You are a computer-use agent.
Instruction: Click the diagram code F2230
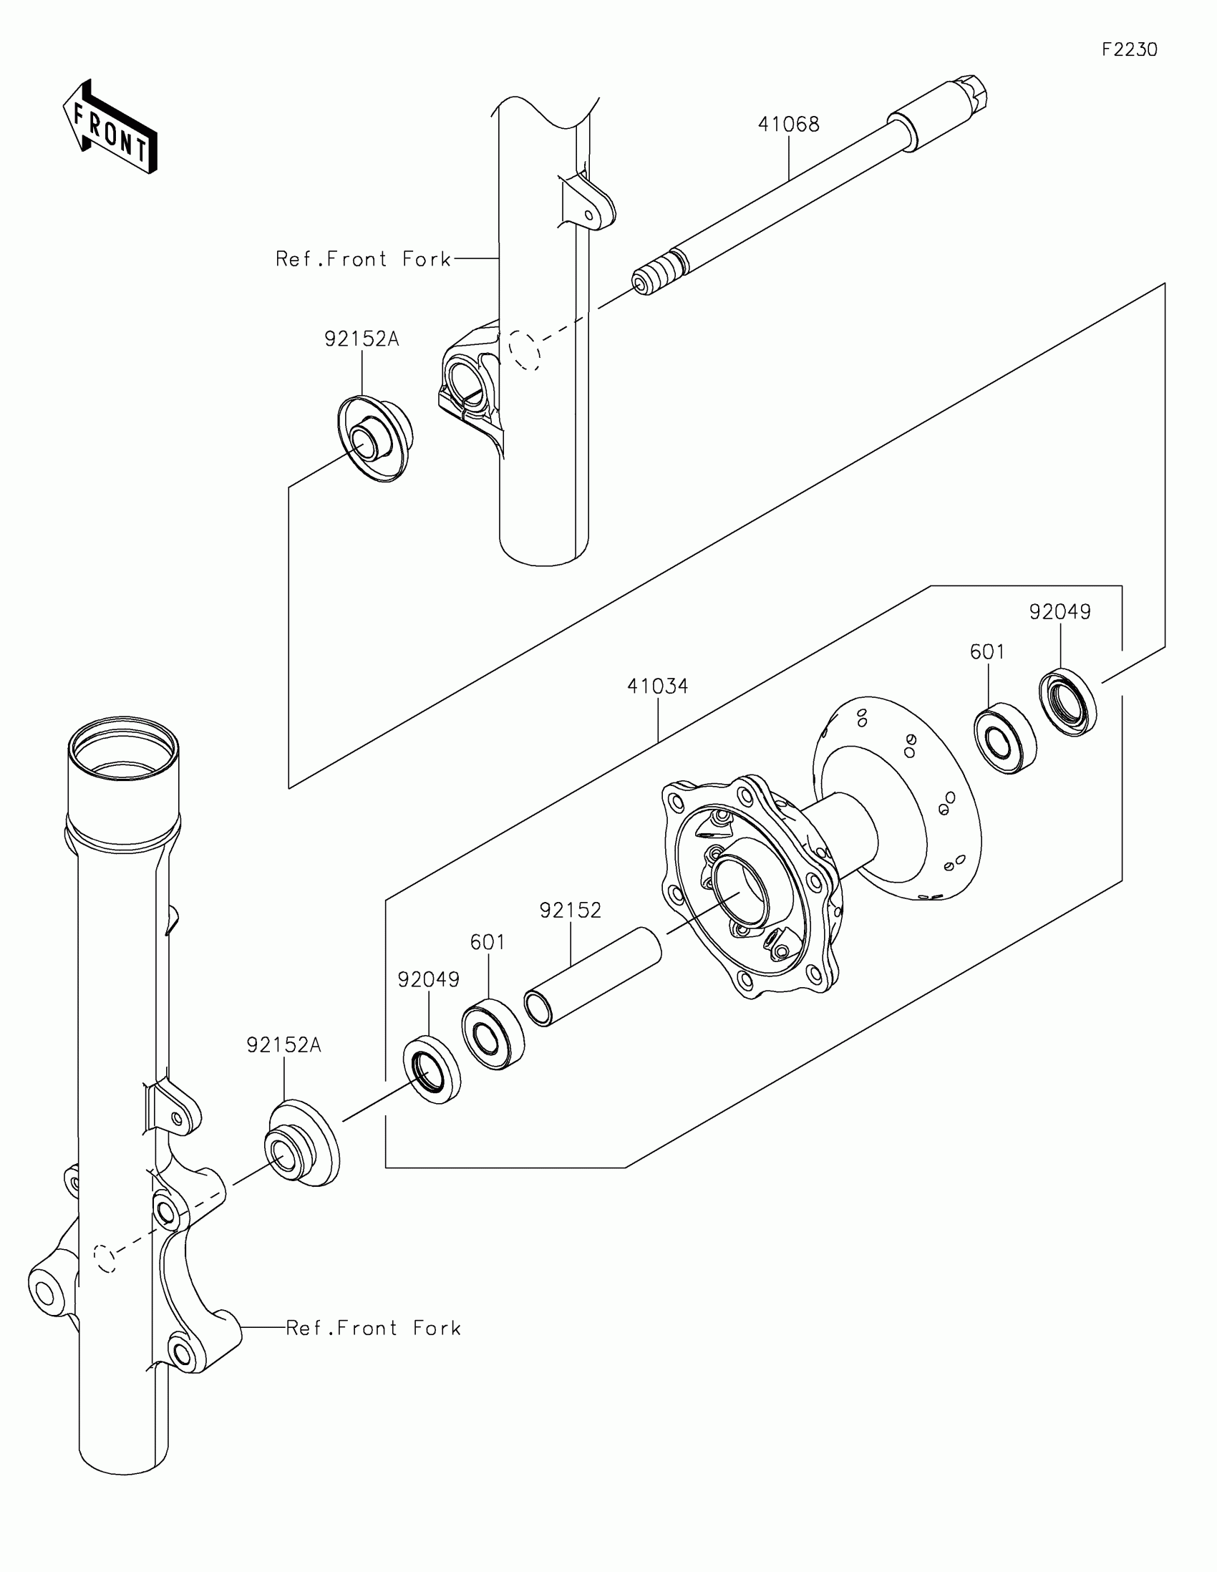click(x=1129, y=49)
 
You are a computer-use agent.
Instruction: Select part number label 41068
click(x=788, y=125)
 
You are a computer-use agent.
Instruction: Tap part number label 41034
click(x=657, y=686)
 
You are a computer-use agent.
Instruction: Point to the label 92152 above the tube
click(x=570, y=911)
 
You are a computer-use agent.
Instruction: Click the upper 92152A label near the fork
click(x=362, y=339)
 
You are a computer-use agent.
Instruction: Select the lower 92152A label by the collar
click(x=283, y=1044)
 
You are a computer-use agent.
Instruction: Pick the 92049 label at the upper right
click(x=1060, y=612)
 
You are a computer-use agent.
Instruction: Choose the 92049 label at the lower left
click(x=428, y=979)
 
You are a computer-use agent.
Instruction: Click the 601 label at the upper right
click(x=986, y=651)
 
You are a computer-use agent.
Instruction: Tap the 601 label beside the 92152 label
click(x=488, y=942)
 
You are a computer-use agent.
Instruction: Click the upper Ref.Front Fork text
click(x=364, y=259)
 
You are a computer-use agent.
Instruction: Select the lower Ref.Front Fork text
click(x=374, y=1328)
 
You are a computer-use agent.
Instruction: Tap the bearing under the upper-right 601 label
click(x=1005, y=741)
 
